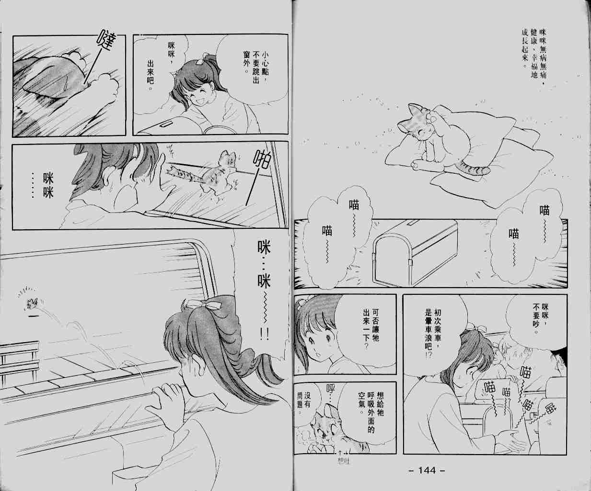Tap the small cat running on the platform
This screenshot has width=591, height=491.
pyautogui.click(x=34, y=304)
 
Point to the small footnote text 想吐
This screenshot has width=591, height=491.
pyautogui.click(x=344, y=462)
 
